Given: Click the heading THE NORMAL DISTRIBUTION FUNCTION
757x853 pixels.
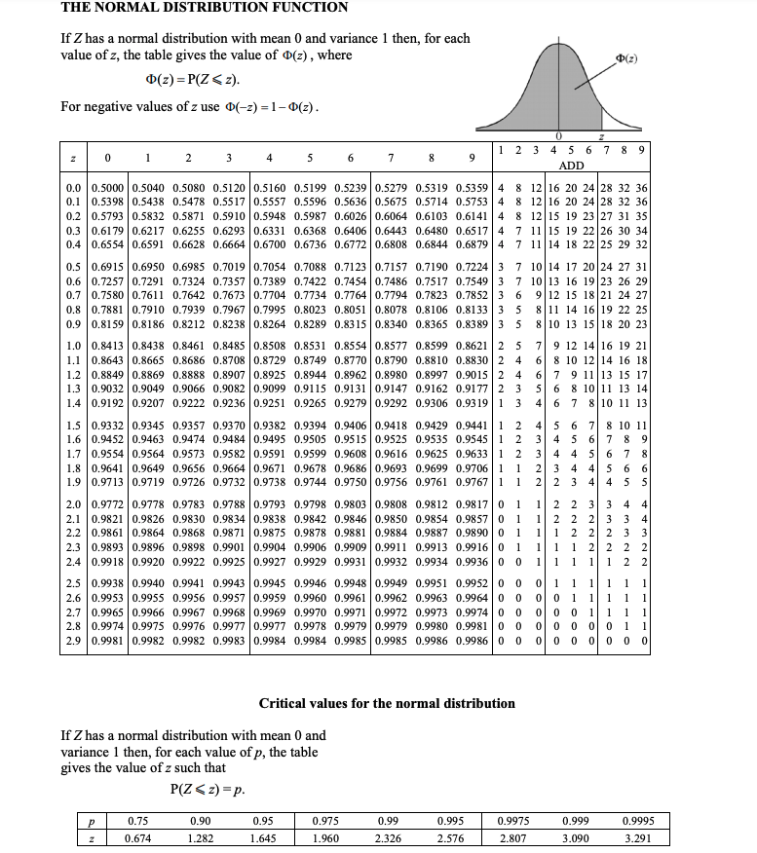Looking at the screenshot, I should (204, 8).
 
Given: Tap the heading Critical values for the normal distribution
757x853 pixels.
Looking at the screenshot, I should (387, 703).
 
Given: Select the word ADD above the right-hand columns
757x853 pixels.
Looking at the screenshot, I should (572, 166).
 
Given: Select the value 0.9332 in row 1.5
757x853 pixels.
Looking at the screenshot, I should (106, 425).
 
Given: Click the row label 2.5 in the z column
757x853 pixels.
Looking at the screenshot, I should (73, 581).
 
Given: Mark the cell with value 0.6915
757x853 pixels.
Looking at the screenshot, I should (106, 267).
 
